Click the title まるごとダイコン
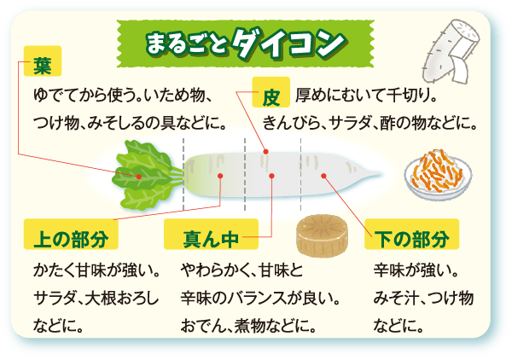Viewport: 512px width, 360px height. pos(245,44)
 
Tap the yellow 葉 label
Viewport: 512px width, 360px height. pos(43,61)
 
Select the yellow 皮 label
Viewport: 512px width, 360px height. pos(271,92)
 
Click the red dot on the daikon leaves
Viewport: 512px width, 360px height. pos(139,177)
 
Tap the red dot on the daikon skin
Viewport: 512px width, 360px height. pos(266,152)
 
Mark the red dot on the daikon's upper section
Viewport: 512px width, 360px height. pos(220,176)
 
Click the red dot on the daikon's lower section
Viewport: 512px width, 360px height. pos(323,176)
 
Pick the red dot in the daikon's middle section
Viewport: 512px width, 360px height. pos(271,176)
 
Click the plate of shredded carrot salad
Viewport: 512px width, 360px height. pos(438,174)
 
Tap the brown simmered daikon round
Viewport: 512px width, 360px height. pos(322,235)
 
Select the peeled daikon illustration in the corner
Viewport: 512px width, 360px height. pos(451,52)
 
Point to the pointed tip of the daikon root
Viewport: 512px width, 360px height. pos(381,174)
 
